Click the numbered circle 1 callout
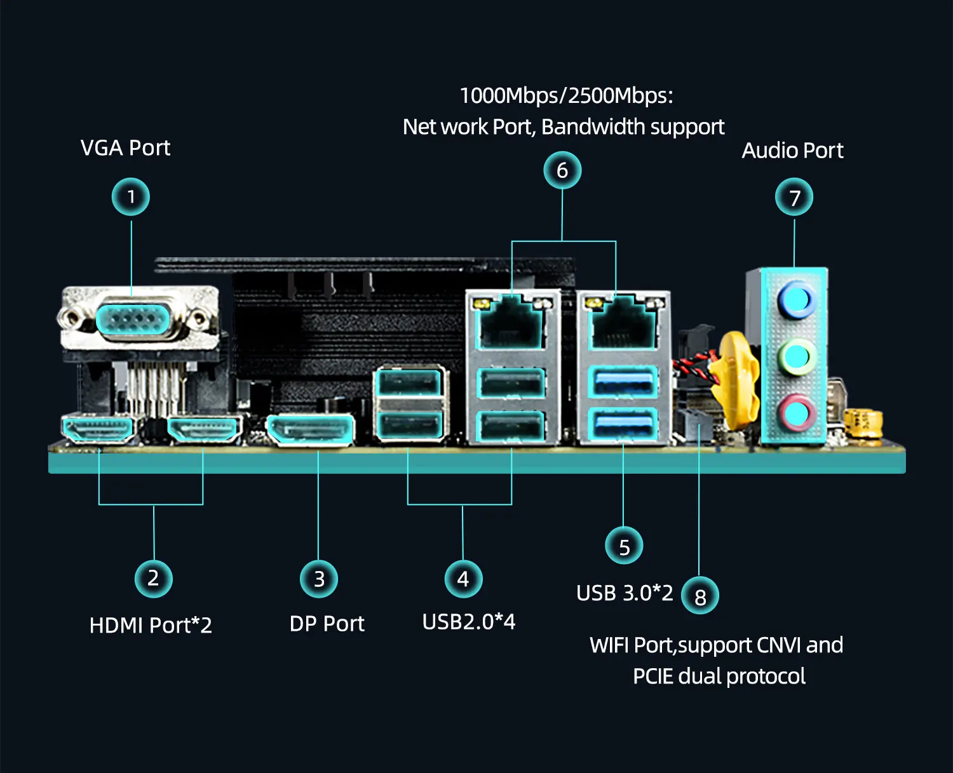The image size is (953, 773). click(x=130, y=197)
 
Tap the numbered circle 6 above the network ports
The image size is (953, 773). click(x=562, y=170)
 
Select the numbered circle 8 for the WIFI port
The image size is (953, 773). click(x=700, y=596)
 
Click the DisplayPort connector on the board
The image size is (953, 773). click(x=310, y=431)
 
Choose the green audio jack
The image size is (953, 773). click(x=796, y=357)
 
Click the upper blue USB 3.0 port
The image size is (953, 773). click(x=623, y=383)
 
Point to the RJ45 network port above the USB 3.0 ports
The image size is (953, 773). click(x=623, y=325)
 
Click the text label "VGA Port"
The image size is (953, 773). click(x=125, y=148)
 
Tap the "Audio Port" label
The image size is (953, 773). click(x=792, y=151)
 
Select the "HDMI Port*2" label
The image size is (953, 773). click(x=151, y=626)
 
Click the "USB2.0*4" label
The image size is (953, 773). click(x=469, y=622)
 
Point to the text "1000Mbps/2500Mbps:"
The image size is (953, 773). click(x=566, y=96)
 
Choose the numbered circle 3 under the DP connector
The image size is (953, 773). click(x=319, y=579)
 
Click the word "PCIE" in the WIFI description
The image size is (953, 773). click(x=652, y=676)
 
